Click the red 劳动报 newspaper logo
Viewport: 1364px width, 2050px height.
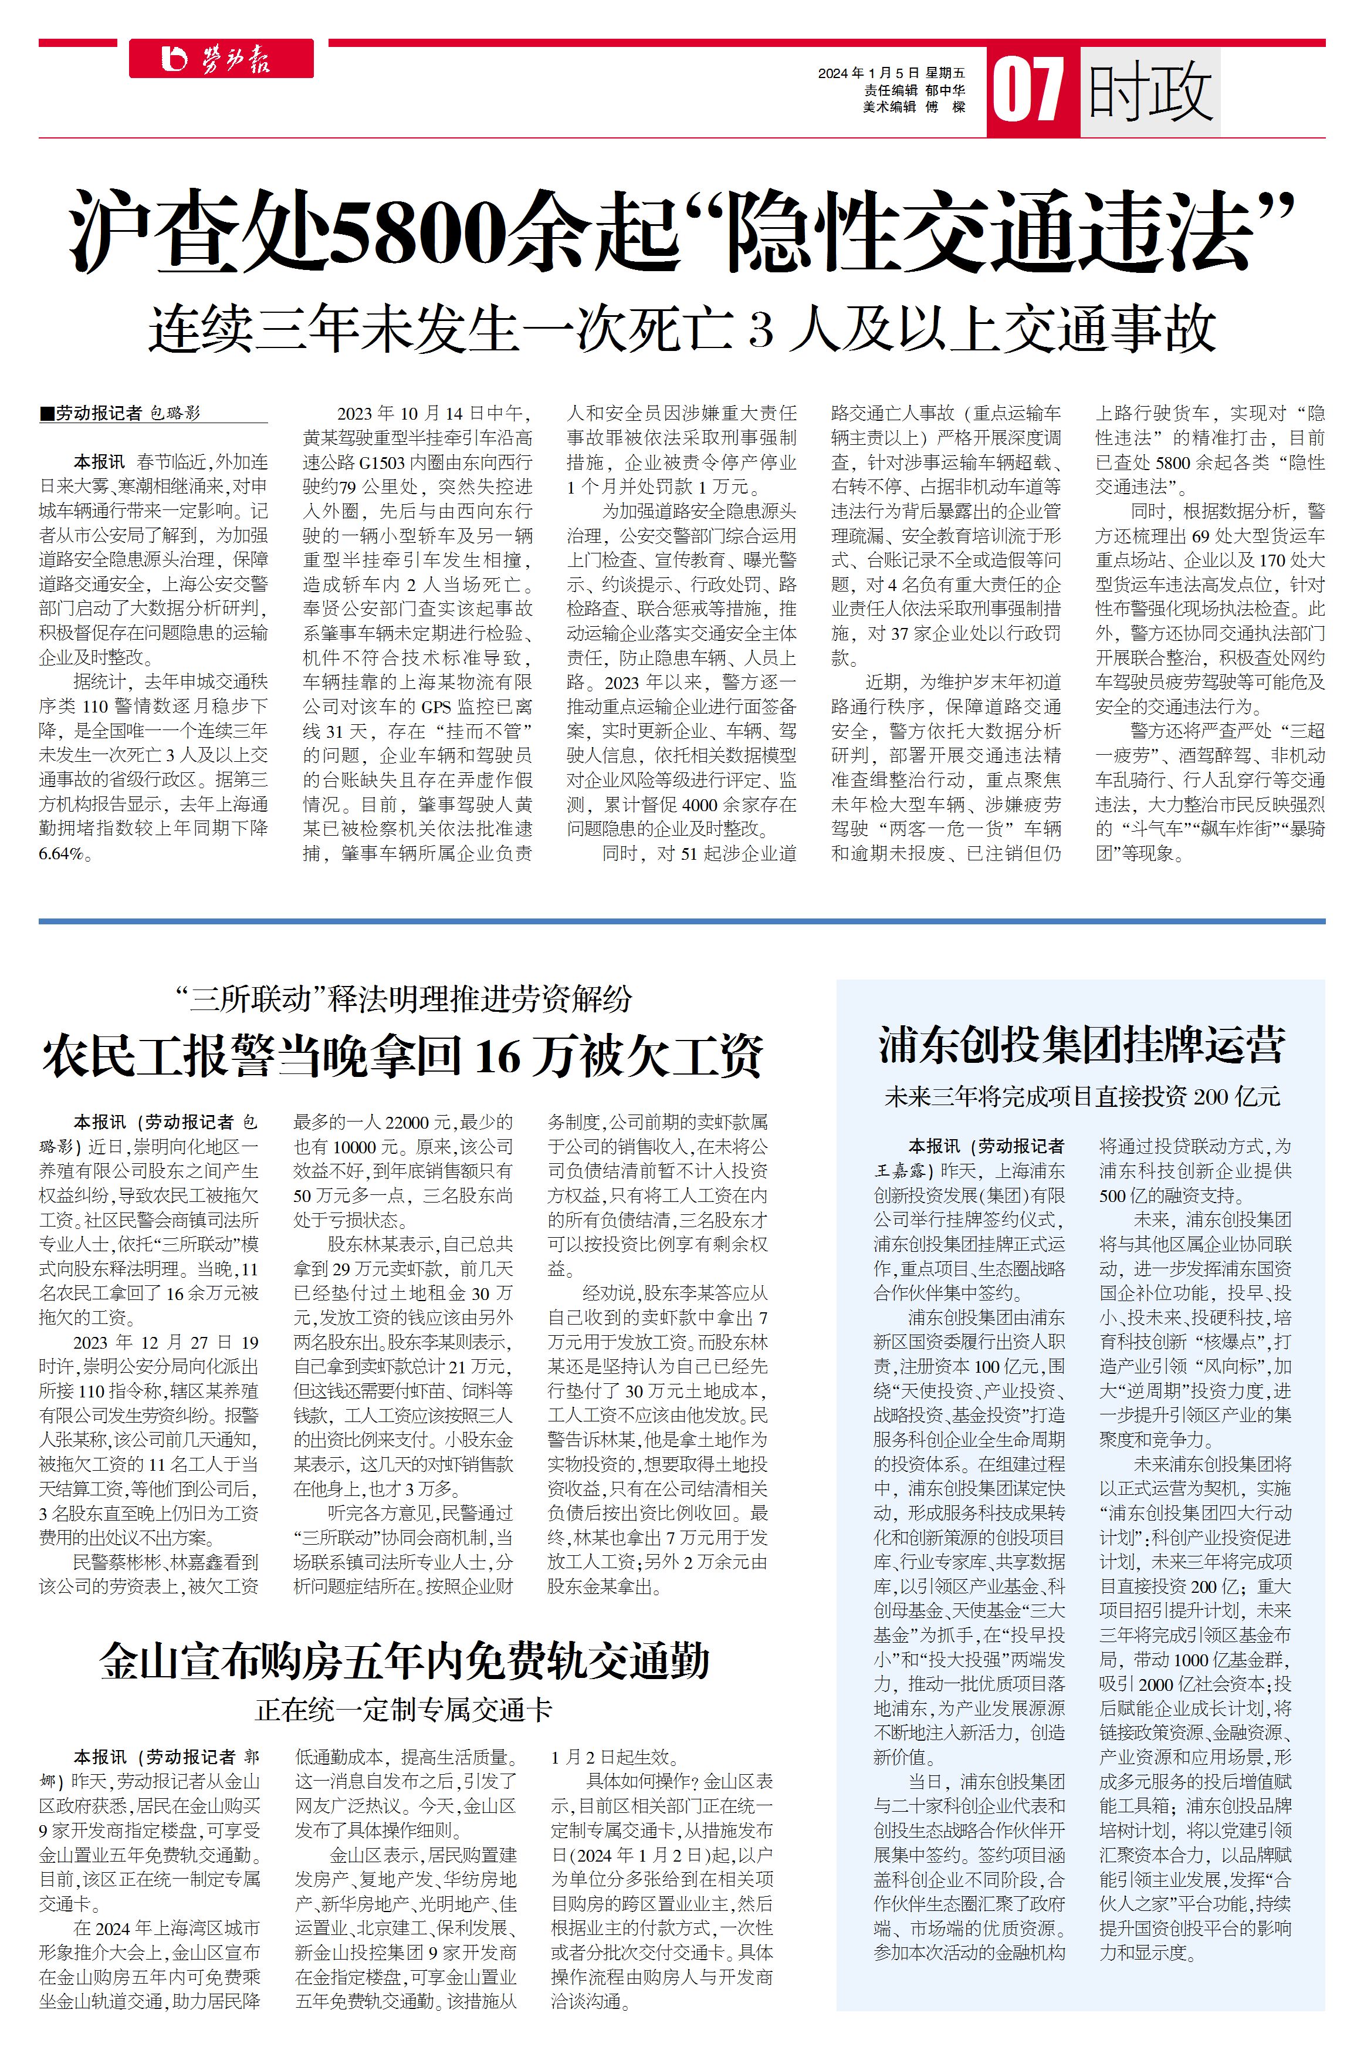(221, 59)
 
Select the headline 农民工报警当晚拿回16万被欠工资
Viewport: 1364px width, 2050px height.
(402, 1056)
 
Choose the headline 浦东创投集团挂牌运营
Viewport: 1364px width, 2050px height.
(1081, 1045)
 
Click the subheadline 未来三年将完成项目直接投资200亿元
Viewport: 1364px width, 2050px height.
(1081, 1096)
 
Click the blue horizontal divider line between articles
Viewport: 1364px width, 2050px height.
(681, 921)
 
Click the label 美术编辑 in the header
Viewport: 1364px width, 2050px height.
(888, 106)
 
